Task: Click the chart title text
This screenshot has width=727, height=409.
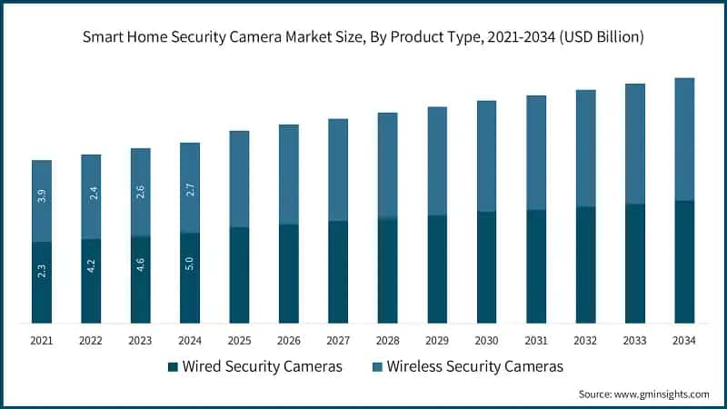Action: (x=363, y=37)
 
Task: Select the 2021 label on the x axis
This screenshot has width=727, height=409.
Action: (x=42, y=341)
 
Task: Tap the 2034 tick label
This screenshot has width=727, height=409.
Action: (x=683, y=341)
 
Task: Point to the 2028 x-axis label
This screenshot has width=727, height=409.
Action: (x=387, y=341)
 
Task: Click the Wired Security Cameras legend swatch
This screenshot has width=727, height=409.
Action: (x=173, y=367)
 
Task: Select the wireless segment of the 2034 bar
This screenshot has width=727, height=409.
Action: (x=683, y=138)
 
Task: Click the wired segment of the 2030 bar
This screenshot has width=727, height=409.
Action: (x=486, y=267)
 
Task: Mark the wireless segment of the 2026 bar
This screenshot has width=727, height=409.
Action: (x=288, y=174)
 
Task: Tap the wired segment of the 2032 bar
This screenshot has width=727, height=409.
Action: (x=585, y=264)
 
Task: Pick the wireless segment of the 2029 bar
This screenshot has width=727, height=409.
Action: (x=437, y=160)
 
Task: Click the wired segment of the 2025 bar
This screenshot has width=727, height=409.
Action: (x=239, y=274)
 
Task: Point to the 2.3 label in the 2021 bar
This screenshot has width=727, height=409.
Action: (x=42, y=270)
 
